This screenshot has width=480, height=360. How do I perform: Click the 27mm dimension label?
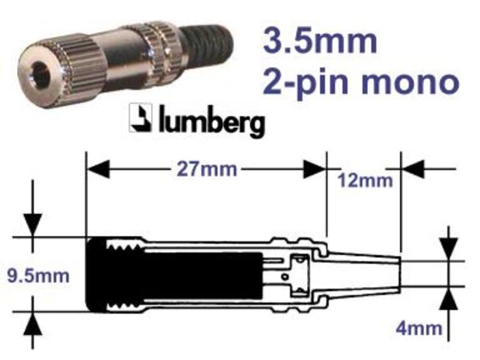coord(207,169)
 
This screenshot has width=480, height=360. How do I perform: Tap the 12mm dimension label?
coord(365,181)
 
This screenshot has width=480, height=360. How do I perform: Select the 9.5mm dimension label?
coord(38,276)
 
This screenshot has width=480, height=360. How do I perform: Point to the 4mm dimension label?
coord(419,328)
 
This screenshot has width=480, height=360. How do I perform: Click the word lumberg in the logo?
coord(212,122)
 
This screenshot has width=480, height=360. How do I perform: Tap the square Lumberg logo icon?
coord(140,118)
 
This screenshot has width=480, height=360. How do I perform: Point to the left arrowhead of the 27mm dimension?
coord(98,169)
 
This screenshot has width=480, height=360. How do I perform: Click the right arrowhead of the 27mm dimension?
coord(314,169)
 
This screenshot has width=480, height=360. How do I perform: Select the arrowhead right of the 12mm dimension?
coord(412,169)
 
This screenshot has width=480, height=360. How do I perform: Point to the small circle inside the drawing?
coord(285,277)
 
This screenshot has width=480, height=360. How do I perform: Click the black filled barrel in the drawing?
coord(174,275)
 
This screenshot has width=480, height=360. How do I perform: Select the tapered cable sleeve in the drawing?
coord(363,274)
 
